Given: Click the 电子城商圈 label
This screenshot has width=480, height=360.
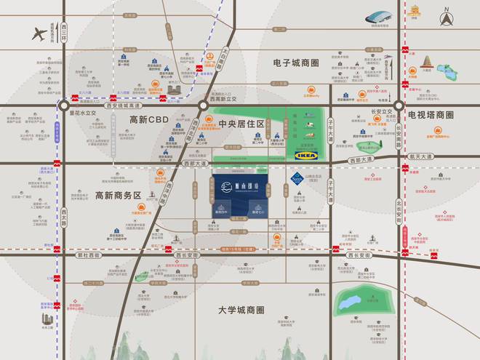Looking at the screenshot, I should pyautogui.click(x=296, y=63).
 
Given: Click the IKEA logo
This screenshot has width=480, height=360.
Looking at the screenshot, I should pyautogui.click(x=305, y=154).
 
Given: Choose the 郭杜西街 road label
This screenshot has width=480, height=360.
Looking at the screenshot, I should pyautogui.click(x=87, y=255).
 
